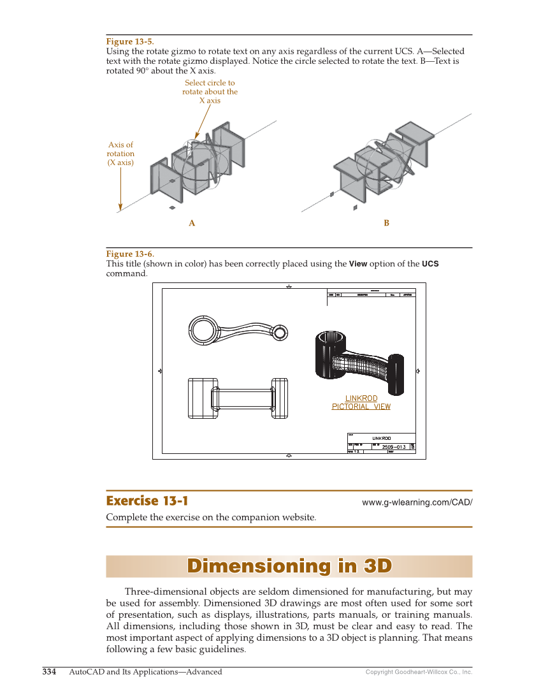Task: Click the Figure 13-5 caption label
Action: [129, 42]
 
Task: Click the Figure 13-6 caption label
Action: [129, 254]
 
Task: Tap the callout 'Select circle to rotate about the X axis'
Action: [210, 92]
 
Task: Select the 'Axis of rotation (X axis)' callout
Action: [120, 154]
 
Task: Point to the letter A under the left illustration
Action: [191, 223]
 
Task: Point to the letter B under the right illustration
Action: [386, 223]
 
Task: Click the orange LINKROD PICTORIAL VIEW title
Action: [361, 402]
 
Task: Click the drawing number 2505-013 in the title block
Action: [394, 447]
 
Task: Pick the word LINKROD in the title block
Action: [381, 439]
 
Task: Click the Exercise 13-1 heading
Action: [147, 500]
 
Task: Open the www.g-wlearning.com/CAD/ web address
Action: [417, 502]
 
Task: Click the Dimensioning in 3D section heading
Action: [289, 566]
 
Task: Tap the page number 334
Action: [49, 672]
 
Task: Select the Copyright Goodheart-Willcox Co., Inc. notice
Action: [419, 672]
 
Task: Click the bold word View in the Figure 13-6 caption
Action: [358, 264]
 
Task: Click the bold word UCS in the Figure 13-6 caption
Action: [430, 264]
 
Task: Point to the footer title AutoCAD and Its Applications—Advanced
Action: [145, 672]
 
